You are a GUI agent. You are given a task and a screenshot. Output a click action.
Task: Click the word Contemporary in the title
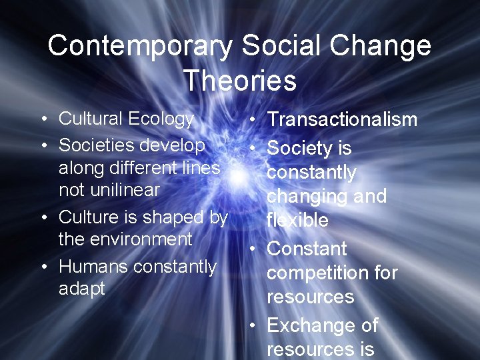click(x=140, y=46)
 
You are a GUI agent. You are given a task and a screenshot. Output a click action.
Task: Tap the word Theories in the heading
click(x=240, y=81)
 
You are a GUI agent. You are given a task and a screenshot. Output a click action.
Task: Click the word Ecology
click(x=161, y=119)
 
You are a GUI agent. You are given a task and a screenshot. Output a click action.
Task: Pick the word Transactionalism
click(x=342, y=120)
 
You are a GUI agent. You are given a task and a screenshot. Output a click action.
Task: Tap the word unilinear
click(x=109, y=189)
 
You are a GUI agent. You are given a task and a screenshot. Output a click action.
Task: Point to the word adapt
click(x=82, y=289)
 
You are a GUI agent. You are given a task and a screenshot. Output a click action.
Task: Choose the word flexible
click(x=297, y=220)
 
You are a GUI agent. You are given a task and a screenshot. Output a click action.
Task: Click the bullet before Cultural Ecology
click(x=43, y=120)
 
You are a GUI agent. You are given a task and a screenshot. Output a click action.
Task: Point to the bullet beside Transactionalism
click(x=253, y=121)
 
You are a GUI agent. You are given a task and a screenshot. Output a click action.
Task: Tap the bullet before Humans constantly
click(x=43, y=267)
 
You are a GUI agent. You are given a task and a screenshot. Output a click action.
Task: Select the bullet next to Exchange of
click(x=253, y=326)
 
